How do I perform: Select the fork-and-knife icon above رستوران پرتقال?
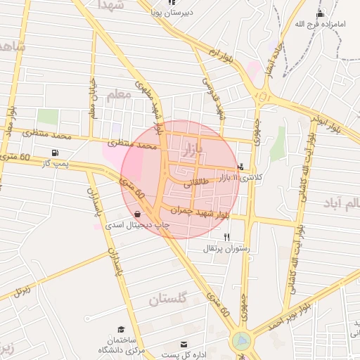point(226,238)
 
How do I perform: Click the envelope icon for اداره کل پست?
point(184,345)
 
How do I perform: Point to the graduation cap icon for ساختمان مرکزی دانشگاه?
point(121,329)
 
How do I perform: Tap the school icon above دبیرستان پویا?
point(171,3)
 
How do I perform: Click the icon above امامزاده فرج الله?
point(321,14)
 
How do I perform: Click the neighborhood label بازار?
point(192,150)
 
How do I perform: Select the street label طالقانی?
point(197,184)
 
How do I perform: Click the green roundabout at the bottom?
point(241,342)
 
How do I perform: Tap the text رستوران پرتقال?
point(224,249)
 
